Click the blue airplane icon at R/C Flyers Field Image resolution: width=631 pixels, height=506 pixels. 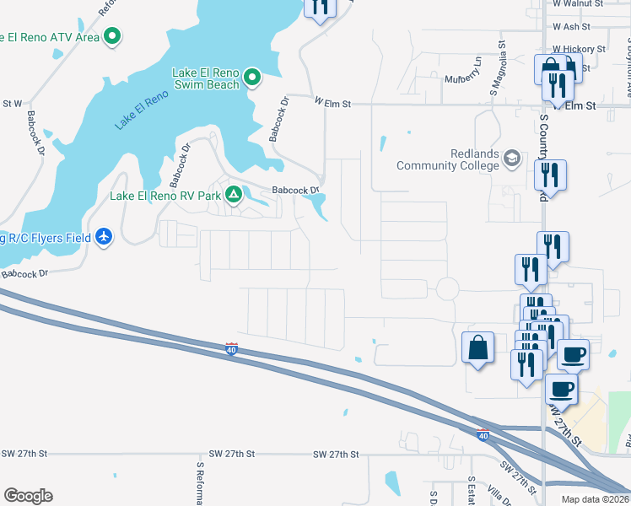pyautogui.click(x=104, y=237)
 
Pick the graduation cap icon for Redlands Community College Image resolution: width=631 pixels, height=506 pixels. pyautogui.click(x=511, y=159)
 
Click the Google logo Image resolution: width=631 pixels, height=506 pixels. pyautogui.click(x=28, y=496)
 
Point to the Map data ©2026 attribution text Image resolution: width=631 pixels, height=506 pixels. pyautogui.click(x=596, y=498)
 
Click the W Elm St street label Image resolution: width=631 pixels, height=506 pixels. pyautogui.click(x=332, y=102)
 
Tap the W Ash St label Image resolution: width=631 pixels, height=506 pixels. pyautogui.click(x=572, y=27)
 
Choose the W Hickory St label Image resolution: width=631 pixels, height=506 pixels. pyautogui.click(x=580, y=50)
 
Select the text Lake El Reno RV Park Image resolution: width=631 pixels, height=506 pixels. pyautogui.click(x=166, y=196)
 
